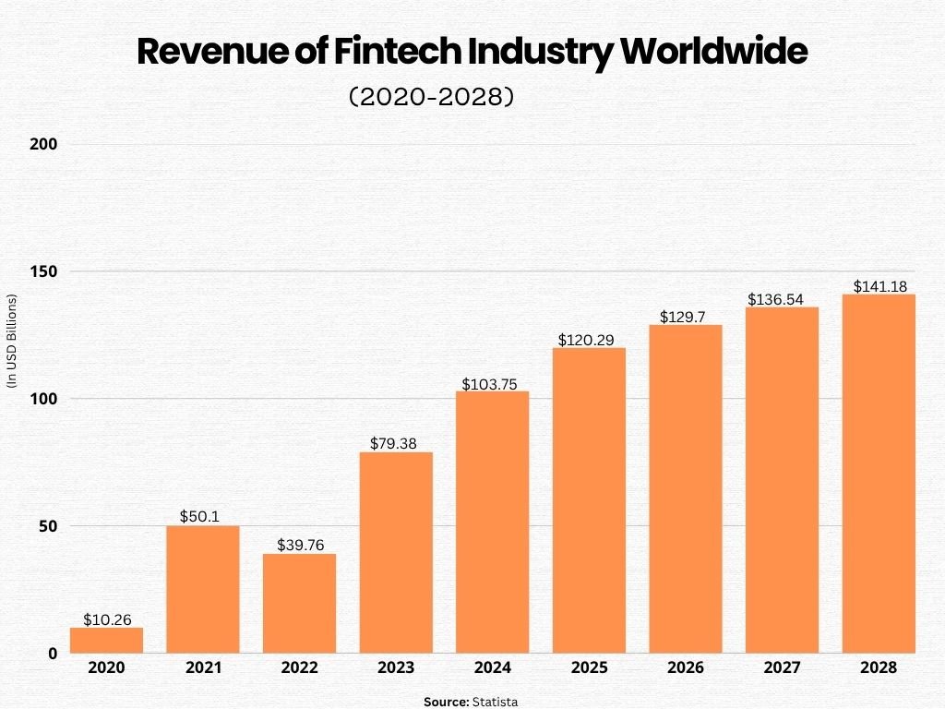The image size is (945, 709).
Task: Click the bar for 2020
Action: pos(106,641)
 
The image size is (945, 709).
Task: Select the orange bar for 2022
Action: pos(299,604)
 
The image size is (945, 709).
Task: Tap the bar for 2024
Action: pos(493,523)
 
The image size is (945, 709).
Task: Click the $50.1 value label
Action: pos(202,515)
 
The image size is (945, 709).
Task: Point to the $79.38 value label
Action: pos(396,443)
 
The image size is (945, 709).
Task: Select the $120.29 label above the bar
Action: pos(589,340)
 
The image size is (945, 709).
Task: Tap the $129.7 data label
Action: pos(686,317)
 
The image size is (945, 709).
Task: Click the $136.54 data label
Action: pos(782,299)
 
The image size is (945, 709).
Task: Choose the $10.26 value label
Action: pos(106,619)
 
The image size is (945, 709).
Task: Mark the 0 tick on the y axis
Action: pos(52,654)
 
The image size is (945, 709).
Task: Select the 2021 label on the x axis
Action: pos(202,667)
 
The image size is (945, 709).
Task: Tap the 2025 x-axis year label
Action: pos(589,667)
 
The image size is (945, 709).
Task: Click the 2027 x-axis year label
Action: pos(782,667)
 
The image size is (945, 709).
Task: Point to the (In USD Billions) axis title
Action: pos(12,342)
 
